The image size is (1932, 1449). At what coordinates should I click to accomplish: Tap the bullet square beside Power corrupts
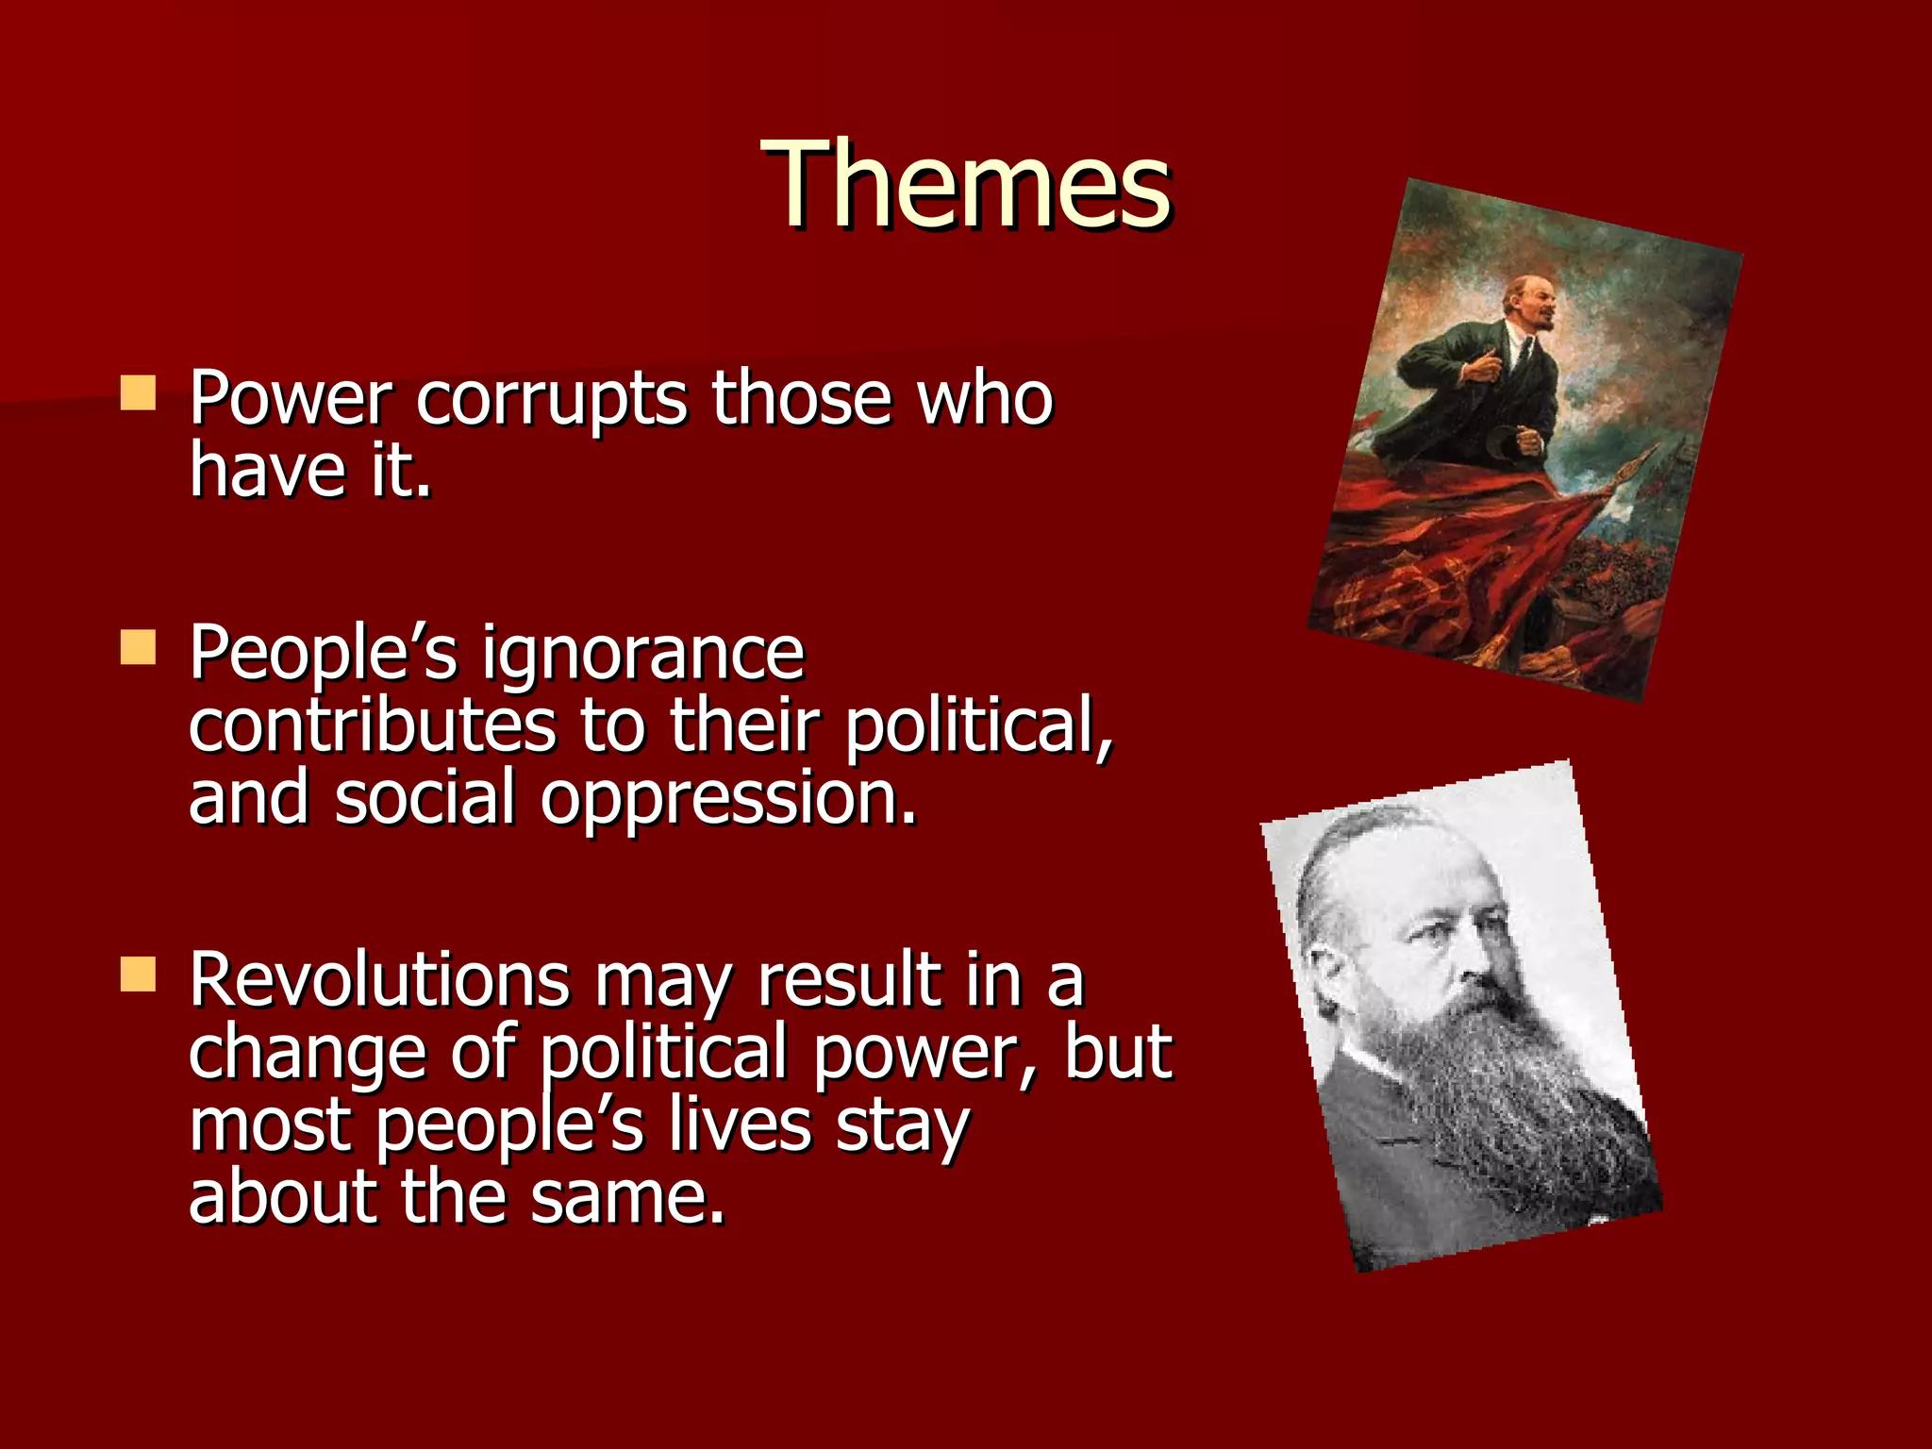(138, 393)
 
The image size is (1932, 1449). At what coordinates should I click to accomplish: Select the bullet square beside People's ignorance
(138, 649)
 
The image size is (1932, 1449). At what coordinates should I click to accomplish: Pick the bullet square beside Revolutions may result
(138, 974)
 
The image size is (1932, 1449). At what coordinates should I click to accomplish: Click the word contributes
(372, 726)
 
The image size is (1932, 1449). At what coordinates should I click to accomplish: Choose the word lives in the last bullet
(741, 1125)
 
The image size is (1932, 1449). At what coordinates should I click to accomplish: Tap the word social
(425, 798)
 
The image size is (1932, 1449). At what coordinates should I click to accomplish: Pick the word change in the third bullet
(308, 1055)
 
